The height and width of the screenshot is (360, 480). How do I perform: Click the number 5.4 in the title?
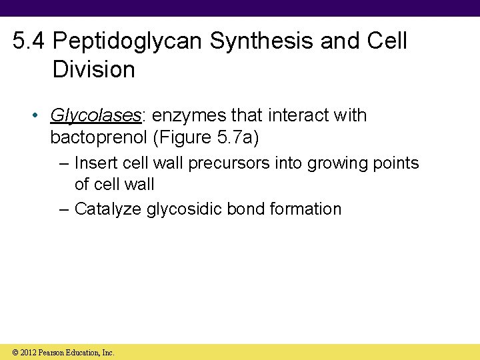29,41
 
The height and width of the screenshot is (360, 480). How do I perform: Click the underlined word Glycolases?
95,115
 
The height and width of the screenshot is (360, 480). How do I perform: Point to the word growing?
342,163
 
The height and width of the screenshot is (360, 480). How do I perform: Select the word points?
398,163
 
